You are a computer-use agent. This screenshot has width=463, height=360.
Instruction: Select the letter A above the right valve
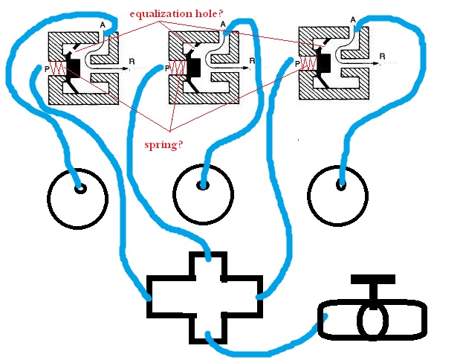click(x=352, y=19)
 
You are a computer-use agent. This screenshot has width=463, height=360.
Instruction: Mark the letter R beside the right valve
click(x=382, y=56)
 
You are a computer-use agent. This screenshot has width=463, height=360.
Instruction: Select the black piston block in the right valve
click(x=325, y=63)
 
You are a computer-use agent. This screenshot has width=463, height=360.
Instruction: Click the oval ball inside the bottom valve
click(x=373, y=320)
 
